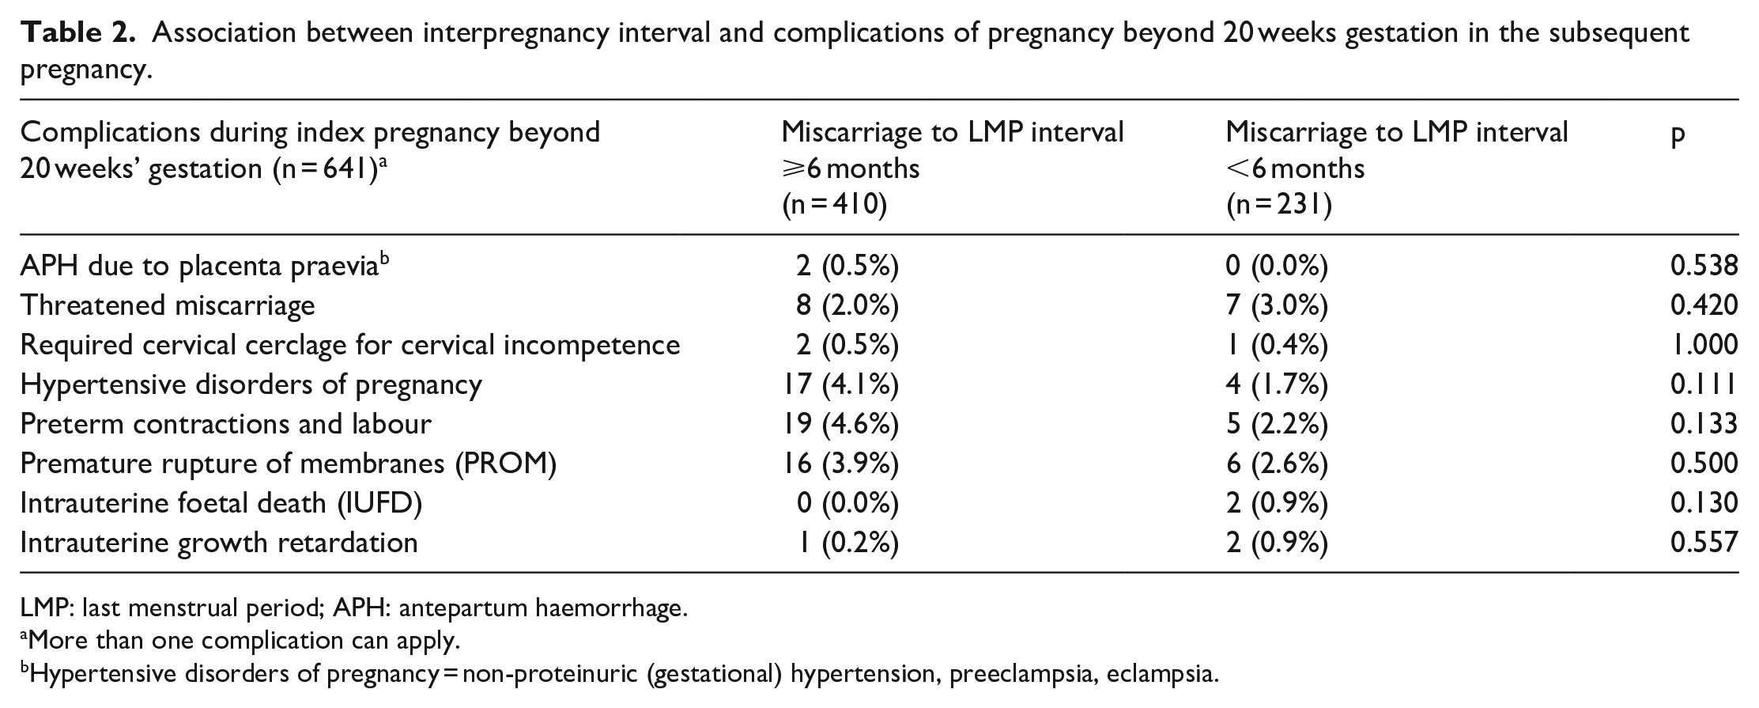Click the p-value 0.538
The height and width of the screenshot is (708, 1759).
click(x=1704, y=266)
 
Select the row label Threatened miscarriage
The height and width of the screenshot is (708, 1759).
click(x=168, y=305)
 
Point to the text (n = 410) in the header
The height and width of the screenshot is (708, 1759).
click(x=835, y=206)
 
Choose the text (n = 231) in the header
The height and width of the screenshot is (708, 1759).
click(x=1279, y=206)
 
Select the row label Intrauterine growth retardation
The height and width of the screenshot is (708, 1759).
click(x=219, y=543)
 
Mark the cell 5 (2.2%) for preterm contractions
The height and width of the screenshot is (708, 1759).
click(x=1277, y=424)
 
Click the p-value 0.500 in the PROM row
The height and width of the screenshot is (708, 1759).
click(x=1704, y=464)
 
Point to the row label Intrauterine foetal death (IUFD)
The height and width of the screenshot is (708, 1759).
click(x=221, y=503)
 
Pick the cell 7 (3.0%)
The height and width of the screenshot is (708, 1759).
click(x=1277, y=305)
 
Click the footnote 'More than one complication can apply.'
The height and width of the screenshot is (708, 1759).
click(x=240, y=640)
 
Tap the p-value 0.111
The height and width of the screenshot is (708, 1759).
click(x=1704, y=384)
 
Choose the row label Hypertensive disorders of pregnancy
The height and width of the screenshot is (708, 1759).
click(x=251, y=384)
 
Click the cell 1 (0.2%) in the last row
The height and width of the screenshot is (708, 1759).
click(x=848, y=543)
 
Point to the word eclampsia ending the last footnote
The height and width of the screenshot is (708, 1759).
click(x=1162, y=675)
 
